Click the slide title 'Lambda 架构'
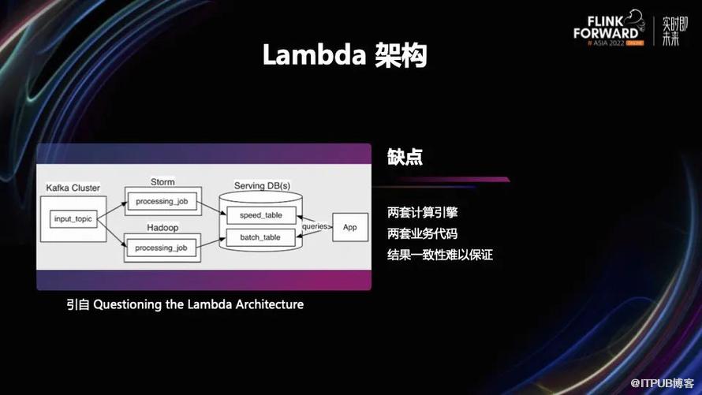345,55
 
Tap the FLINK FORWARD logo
609,28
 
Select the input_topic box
73,218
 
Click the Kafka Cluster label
73,188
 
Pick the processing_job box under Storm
162,201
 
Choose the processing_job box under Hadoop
161,248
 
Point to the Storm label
162,182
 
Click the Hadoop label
162,228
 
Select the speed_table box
261,215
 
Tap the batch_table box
260,237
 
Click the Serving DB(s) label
263,185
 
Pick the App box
350,227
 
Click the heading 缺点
405,157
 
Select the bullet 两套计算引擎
422,213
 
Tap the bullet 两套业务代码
422,233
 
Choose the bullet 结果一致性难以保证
439,255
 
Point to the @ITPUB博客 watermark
662,383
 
